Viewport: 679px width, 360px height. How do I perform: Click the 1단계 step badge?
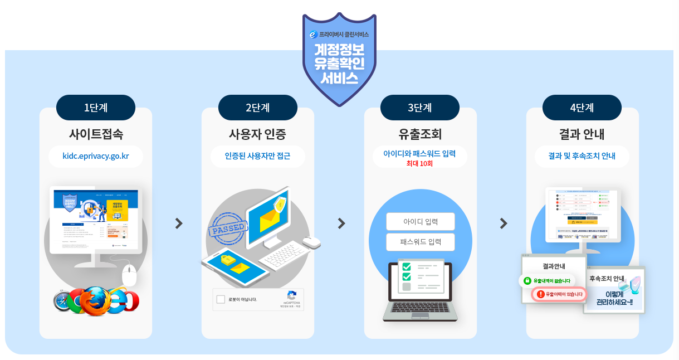point(96,108)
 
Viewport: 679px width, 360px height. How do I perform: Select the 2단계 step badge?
point(257,108)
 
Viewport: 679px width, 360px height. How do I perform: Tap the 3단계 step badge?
point(419,108)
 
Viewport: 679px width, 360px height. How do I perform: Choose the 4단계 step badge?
point(582,108)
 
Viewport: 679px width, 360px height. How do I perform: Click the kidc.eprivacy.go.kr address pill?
point(96,156)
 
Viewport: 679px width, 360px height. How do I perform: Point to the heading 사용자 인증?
point(257,134)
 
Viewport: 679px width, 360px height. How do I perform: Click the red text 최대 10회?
point(419,164)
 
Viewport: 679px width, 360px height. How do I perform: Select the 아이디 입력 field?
point(421,221)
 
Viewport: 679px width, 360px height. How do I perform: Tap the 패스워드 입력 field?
point(421,242)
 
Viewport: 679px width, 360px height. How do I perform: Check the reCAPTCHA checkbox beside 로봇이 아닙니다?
point(221,299)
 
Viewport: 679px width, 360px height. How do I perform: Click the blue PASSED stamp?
point(227,228)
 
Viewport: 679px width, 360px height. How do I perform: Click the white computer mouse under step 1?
point(129,275)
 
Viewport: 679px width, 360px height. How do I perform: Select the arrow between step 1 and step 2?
point(178,223)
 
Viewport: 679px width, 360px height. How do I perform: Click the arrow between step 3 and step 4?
point(503,223)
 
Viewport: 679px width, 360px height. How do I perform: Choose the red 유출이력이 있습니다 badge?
point(560,294)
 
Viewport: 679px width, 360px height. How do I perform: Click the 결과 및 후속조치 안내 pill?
point(582,156)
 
